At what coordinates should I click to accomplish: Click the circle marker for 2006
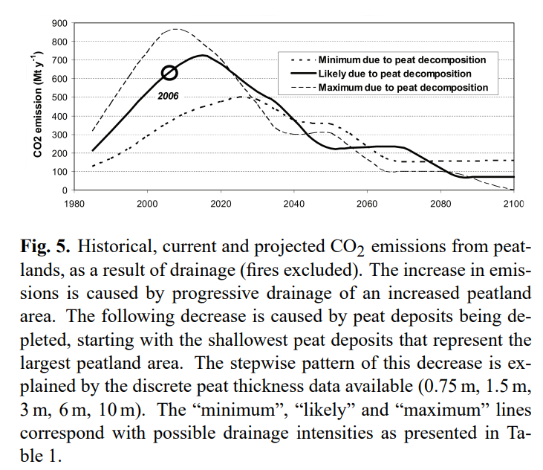tap(169, 72)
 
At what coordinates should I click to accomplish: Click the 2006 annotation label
tap(169, 96)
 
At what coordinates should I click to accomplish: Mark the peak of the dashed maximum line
tap(175, 29)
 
